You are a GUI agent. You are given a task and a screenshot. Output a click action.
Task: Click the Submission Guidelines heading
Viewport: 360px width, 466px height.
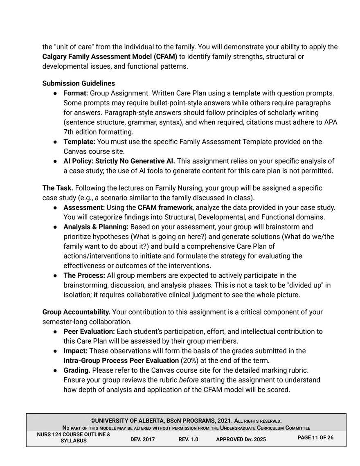tap(79, 83)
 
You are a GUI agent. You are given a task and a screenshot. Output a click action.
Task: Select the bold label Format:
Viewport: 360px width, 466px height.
tap(76, 93)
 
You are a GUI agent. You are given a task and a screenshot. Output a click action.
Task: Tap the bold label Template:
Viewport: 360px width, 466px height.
tap(79, 142)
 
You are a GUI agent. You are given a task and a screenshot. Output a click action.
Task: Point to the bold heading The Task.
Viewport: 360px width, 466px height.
tap(58, 188)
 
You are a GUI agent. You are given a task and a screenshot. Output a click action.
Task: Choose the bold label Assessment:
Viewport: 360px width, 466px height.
tap(84, 207)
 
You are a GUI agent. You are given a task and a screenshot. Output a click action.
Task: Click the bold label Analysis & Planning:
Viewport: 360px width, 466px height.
tap(96, 227)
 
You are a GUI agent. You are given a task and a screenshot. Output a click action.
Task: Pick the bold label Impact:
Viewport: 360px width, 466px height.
tap(75, 351)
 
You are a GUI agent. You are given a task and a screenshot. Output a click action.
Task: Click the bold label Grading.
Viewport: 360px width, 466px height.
tap(77, 370)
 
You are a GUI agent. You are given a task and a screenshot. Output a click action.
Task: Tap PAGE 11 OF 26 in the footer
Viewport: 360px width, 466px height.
tap(315, 438)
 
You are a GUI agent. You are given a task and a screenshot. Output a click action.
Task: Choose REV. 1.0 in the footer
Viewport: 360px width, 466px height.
tap(188, 439)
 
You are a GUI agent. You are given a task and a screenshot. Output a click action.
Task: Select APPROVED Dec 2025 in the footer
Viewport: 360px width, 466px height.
tap(241, 439)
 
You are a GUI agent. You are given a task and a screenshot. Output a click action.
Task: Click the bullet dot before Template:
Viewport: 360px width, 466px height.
tap(55, 142)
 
